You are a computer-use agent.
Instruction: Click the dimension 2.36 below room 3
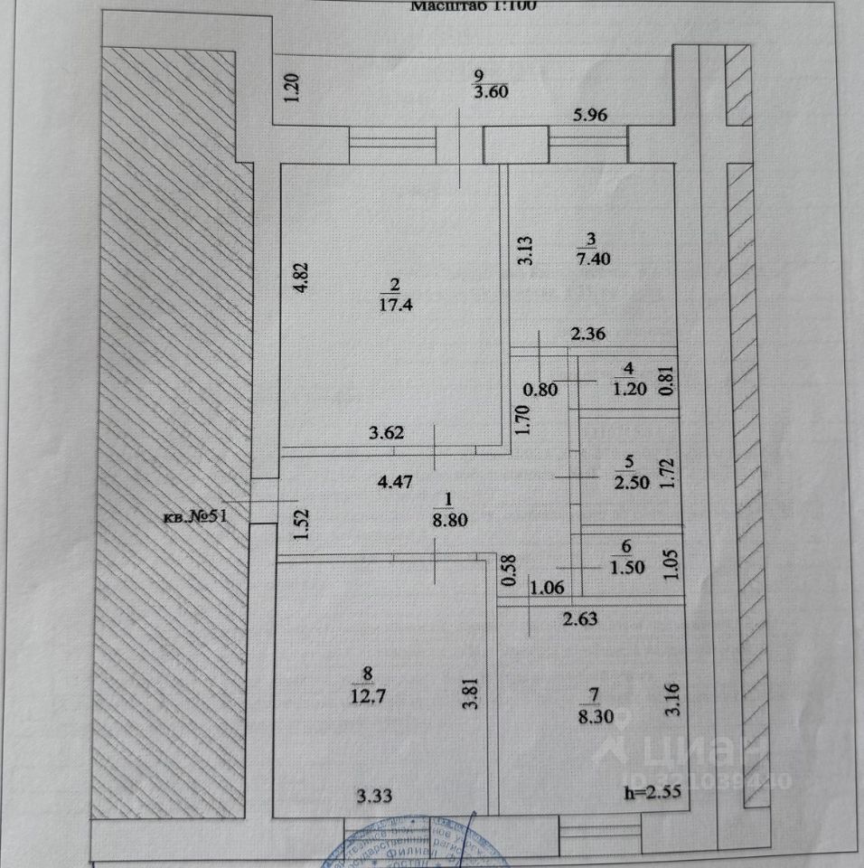pos(587,334)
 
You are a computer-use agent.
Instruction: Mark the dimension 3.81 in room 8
pos(467,694)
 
